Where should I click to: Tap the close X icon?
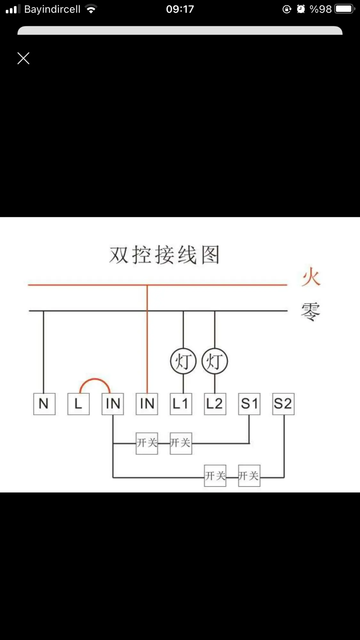23,58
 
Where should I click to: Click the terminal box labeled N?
44,404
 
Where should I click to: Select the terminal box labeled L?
78,404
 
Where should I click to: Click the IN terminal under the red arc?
113,404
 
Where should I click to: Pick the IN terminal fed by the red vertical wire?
147,404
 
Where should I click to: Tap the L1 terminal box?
181,404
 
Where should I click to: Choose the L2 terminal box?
215,404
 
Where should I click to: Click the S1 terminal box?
249,404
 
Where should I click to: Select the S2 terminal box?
283,404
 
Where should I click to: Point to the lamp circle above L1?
183,361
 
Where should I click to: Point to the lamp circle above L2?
215,361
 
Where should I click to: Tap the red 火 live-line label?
311,277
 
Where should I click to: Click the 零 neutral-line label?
310,311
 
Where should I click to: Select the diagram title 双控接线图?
164,255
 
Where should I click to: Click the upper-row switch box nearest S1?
181,443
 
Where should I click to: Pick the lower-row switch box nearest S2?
249,476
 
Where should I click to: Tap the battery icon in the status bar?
345,9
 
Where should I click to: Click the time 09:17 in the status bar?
180,9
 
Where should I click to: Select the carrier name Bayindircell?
52,9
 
